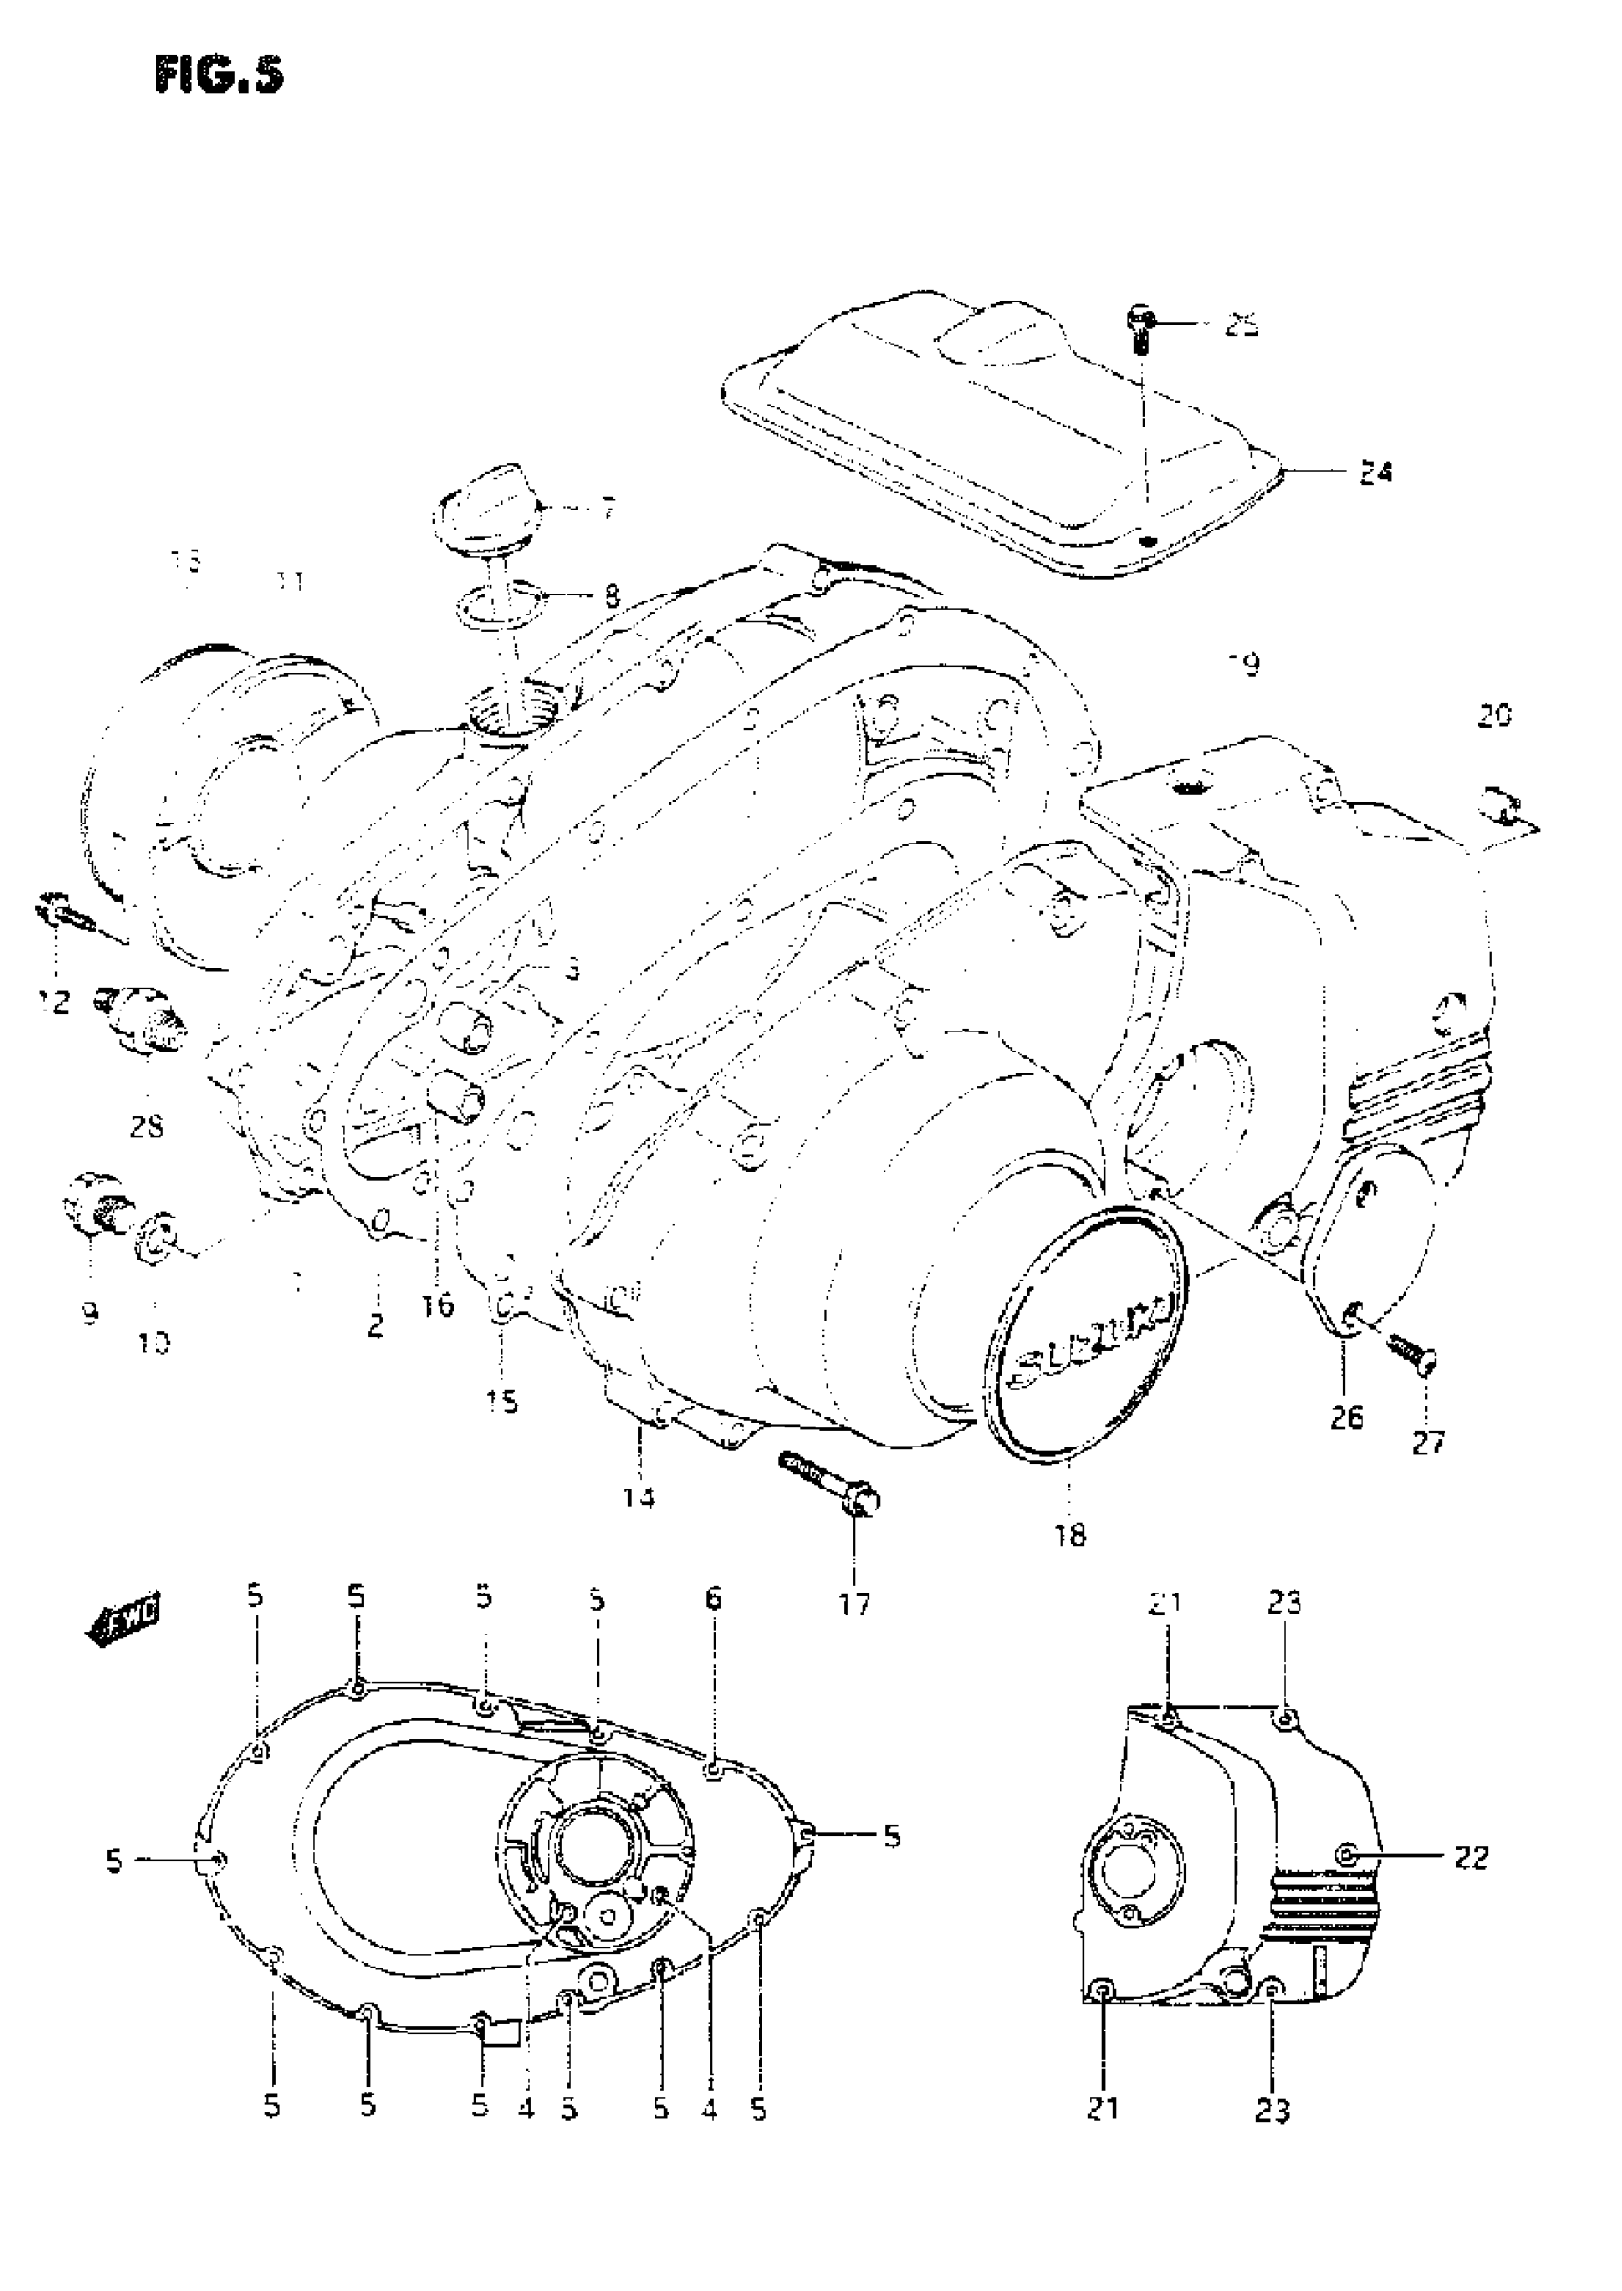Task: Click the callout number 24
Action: pos(1374,472)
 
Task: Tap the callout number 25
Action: pos(1241,325)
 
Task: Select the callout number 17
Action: pos(855,1603)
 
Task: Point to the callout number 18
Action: pos(1070,1534)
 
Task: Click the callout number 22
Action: pos(1471,1858)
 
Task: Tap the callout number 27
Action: pos(1427,1442)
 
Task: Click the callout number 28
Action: pos(147,1128)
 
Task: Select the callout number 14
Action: pos(639,1497)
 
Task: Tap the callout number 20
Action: pos(1494,715)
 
